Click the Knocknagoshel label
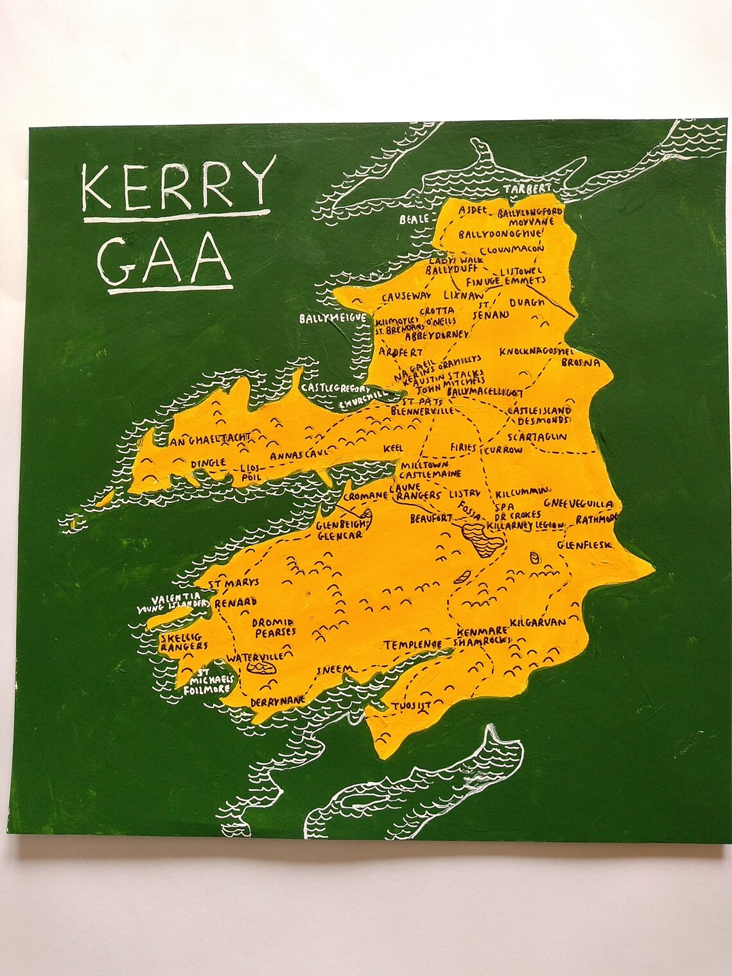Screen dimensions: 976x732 [x=536, y=352]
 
